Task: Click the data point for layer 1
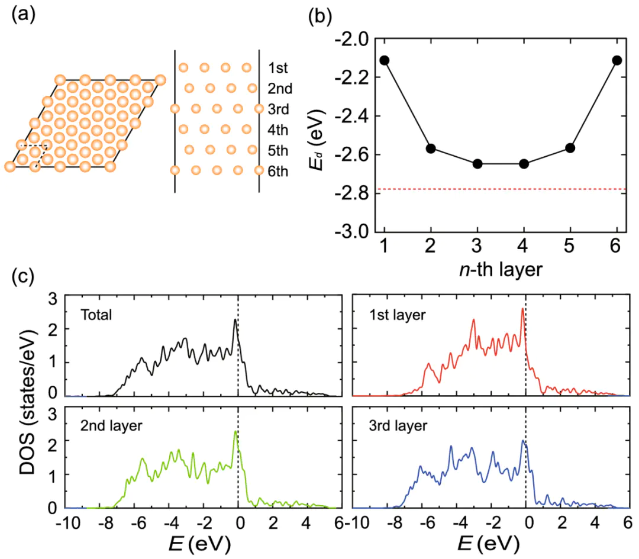coord(385,60)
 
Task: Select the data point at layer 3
coord(477,163)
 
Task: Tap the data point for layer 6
coord(617,60)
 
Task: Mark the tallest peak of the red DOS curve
coord(522,309)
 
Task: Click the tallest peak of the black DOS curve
coord(235,320)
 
